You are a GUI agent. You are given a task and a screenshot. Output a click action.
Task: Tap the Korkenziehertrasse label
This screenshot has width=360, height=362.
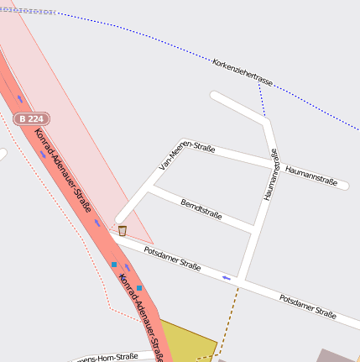point(243,73)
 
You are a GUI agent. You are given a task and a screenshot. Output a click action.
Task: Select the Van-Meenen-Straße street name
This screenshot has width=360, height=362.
point(187,157)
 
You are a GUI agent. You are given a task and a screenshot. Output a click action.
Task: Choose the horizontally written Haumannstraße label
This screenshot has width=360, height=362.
point(310,174)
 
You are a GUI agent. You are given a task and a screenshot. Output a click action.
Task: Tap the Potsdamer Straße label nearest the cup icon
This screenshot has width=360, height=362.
point(172,259)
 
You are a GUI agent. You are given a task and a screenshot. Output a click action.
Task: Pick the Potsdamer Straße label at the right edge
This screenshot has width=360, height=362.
point(308,307)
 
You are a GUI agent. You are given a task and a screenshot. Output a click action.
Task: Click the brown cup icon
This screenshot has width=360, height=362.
point(123,230)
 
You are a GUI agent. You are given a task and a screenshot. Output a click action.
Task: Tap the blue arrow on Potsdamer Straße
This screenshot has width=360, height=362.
point(226,276)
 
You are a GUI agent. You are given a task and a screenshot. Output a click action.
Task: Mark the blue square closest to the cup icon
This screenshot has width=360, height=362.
point(114,265)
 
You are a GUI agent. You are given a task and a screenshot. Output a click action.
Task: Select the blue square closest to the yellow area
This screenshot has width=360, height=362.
point(139,288)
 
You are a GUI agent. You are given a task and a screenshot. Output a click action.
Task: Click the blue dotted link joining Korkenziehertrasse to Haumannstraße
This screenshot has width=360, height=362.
point(262,102)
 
